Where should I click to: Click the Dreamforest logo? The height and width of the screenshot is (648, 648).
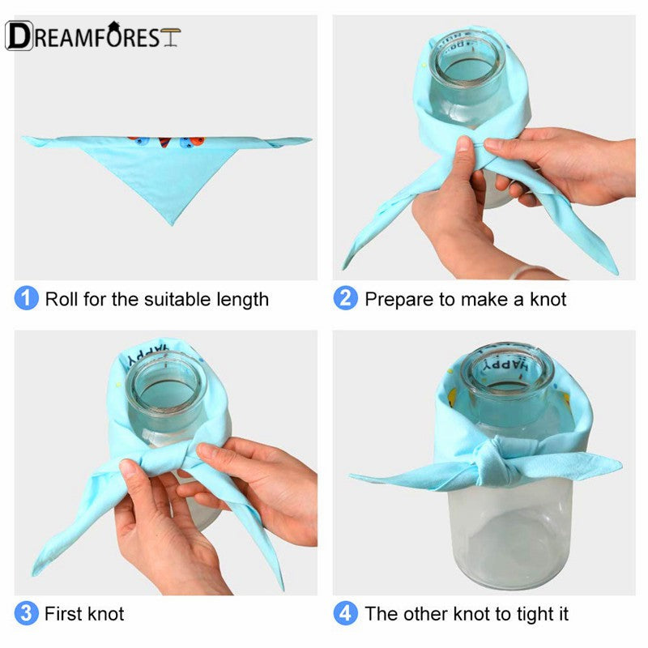(93, 36)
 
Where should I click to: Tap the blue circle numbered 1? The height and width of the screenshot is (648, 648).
(27, 298)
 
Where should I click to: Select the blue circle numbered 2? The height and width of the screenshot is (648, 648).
(346, 298)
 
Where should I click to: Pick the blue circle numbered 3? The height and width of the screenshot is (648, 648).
(27, 613)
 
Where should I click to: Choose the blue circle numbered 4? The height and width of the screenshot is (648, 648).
(346, 613)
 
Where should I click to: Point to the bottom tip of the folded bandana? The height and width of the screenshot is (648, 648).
(172, 224)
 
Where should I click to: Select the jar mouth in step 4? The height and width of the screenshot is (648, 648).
(507, 371)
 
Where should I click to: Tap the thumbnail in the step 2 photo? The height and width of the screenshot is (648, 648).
(463, 143)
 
